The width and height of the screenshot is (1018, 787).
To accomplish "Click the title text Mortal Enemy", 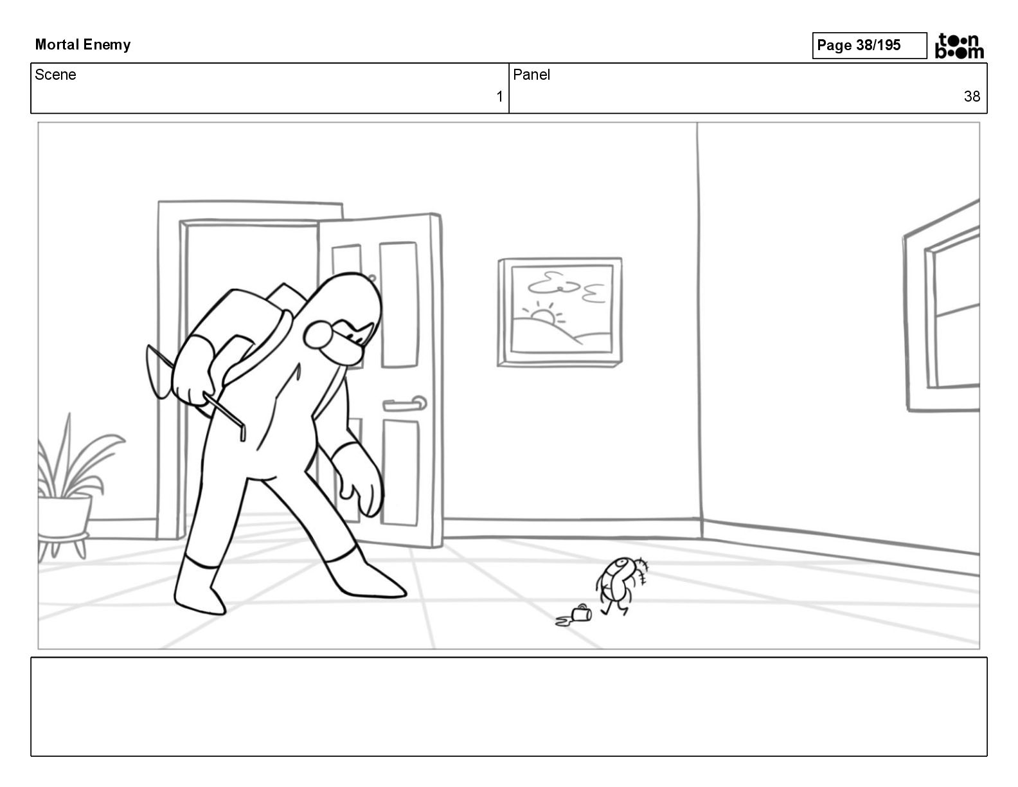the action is (x=82, y=45).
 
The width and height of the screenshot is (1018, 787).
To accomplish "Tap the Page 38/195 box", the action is (x=869, y=46).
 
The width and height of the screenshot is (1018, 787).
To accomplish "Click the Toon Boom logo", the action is (x=959, y=46).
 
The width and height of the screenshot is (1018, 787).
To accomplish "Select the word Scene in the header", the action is (x=55, y=75).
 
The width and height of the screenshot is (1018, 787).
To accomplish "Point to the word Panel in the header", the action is (x=531, y=75).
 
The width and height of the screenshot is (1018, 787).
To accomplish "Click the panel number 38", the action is (x=972, y=96).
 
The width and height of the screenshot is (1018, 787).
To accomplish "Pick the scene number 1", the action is (x=499, y=96).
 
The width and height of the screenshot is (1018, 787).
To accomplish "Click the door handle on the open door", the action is (x=405, y=403).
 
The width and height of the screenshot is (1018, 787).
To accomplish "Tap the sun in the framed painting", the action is (x=543, y=316).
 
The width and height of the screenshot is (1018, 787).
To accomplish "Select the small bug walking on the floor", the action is (x=621, y=585).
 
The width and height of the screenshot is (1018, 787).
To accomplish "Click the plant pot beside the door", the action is (x=64, y=516).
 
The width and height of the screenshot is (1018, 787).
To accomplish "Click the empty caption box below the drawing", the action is (x=509, y=707).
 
